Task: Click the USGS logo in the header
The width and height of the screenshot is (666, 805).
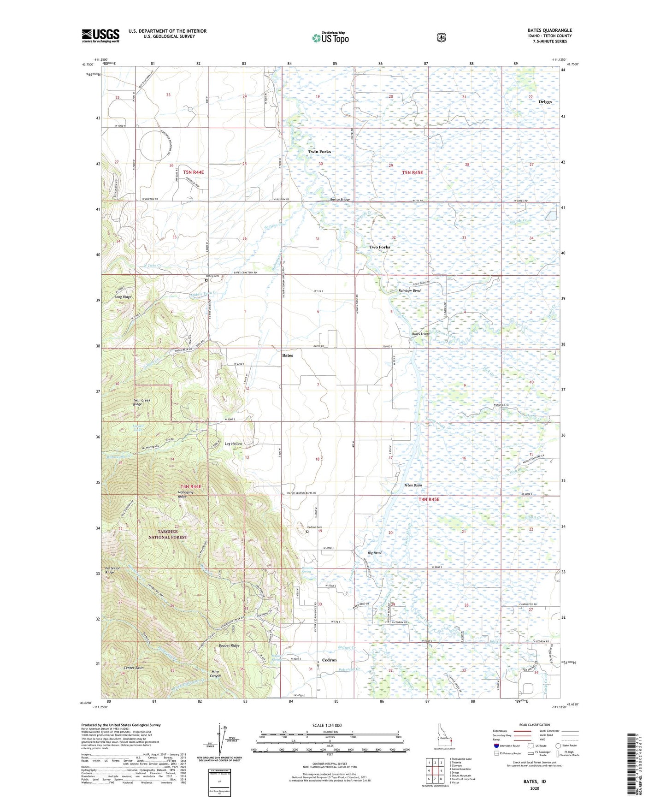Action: [x=100, y=36]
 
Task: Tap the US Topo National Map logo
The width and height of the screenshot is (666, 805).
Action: [x=330, y=38]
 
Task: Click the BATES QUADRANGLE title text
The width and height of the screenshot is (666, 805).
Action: [x=549, y=30]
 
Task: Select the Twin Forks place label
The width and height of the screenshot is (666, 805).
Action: [x=319, y=152]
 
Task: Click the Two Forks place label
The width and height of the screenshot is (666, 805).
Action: [x=379, y=247]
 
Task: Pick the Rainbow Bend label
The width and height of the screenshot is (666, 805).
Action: [x=409, y=291]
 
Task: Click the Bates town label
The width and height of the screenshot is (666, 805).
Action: [x=287, y=355]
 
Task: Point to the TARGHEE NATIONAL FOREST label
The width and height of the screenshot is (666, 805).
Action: [x=167, y=534]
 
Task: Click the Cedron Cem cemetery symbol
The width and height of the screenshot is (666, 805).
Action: [x=307, y=532]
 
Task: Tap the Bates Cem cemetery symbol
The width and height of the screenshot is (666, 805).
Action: [x=206, y=280]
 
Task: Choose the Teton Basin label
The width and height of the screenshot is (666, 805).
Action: [x=413, y=485]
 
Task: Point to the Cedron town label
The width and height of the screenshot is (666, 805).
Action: [x=329, y=660]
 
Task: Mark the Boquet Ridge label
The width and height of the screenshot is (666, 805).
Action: [x=229, y=645]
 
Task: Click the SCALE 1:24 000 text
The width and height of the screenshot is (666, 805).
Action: [x=327, y=725]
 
